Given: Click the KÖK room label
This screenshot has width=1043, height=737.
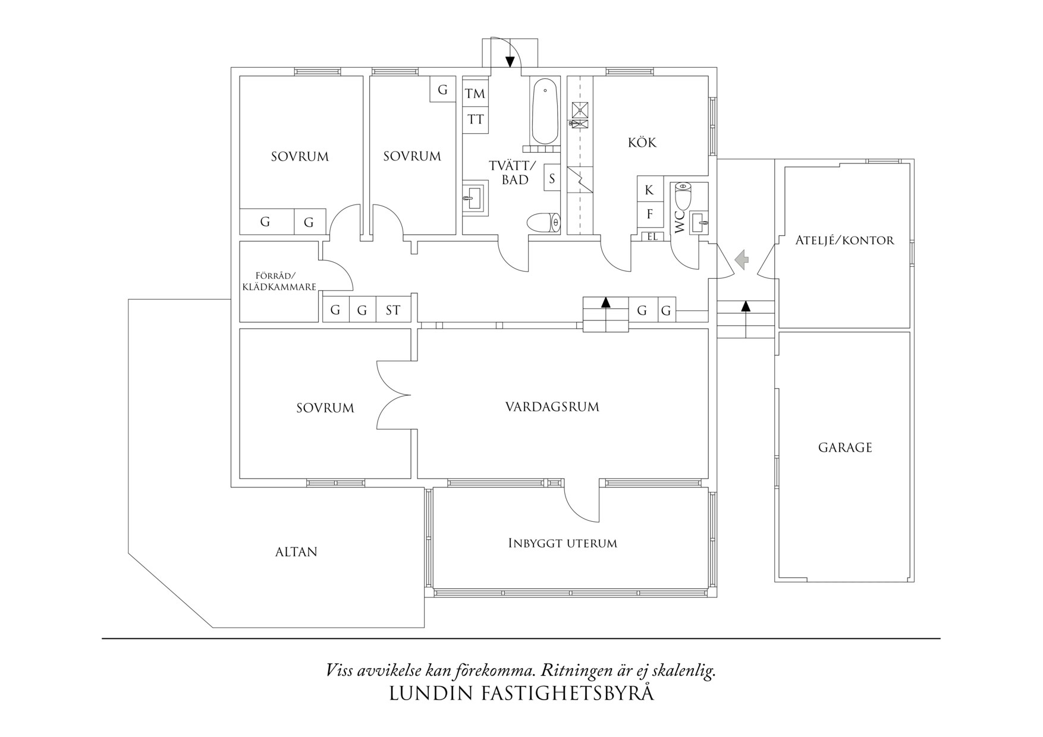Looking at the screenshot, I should click(642, 143).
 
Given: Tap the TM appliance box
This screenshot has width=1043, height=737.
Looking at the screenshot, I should click(475, 93).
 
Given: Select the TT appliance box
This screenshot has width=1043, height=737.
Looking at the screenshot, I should click(475, 119).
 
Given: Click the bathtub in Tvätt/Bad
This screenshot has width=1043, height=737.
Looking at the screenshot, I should click(545, 112).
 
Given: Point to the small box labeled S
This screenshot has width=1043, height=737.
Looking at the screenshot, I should click(552, 178).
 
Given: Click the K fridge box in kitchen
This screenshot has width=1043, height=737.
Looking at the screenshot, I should click(649, 190).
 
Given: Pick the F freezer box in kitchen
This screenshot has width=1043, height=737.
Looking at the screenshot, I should click(649, 214).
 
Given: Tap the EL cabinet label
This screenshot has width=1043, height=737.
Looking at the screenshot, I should click(652, 237).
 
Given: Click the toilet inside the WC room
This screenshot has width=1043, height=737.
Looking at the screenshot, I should click(683, 197).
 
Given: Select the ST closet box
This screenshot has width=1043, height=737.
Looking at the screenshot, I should click(393, 310).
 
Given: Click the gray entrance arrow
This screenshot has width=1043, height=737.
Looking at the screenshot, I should click(742, 259).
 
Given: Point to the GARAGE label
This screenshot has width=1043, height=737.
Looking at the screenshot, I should click(844, 448).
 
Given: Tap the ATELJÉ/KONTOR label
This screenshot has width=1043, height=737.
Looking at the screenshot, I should click(844, 241).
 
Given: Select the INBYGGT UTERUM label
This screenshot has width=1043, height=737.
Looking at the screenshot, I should click(563, 543).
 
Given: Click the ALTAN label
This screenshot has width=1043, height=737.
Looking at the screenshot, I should click(296, 552).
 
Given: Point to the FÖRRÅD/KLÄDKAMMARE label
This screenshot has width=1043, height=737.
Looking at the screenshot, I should click(278, 281).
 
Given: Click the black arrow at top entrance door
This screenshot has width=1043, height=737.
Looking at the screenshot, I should click(510, 61).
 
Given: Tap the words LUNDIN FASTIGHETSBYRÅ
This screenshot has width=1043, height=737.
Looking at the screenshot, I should click(521, 694).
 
